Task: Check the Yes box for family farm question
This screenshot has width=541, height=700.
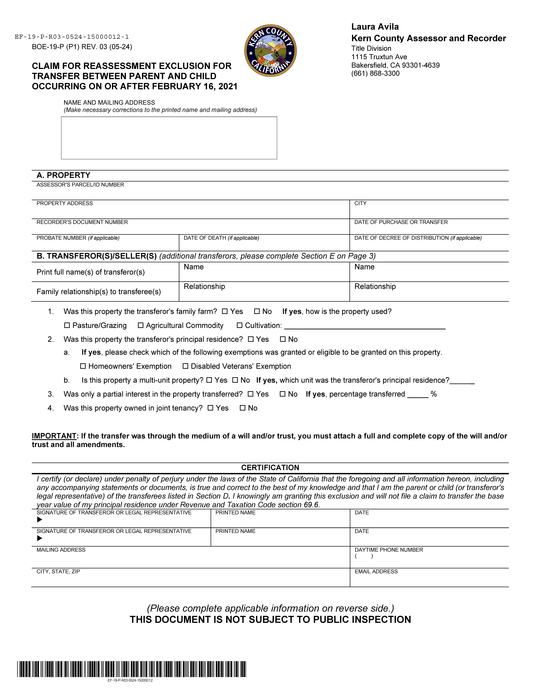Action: click(225, 311)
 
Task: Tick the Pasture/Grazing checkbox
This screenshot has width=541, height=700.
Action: click(67, 325)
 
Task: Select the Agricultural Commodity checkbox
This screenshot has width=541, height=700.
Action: click(140, 325)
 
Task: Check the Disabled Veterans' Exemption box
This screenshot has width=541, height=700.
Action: click(185, 366)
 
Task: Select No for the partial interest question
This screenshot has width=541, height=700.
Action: click(282, 394)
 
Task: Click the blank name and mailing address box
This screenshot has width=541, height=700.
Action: click(169, 138)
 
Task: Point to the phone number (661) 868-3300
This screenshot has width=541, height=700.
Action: click(375, 73)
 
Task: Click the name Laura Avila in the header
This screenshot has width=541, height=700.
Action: click(375, 27)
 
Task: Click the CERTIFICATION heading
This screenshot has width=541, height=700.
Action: click(270, 468)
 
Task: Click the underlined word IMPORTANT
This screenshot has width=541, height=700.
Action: click(54, 436)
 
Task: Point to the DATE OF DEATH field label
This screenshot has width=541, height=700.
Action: click(221, 238)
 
